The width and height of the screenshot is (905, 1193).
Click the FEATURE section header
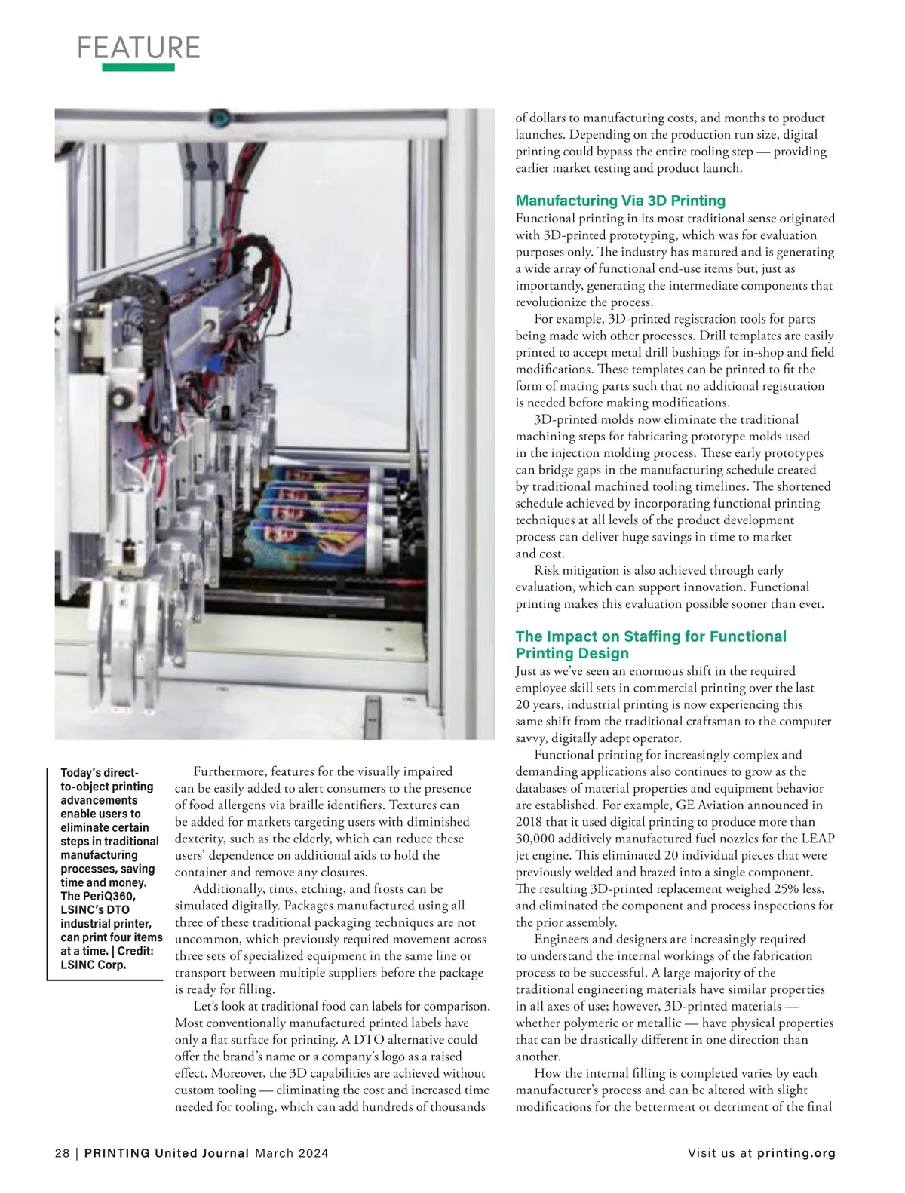[x=139, y=48]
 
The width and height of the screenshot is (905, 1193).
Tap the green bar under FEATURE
[x=139, y=68]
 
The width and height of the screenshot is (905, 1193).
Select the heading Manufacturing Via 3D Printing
[x=620, y=201]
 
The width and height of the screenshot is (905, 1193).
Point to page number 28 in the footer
[x=62, y=1153]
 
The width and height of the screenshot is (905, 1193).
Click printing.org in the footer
[x=796, y=1153]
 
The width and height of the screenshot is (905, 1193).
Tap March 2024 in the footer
[x=291, y=1153]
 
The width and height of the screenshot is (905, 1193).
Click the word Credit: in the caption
[x=136, y=951]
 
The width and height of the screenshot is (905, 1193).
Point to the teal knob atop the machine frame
[x=219, y=118]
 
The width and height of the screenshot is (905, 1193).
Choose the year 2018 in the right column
[x=529, y=822]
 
